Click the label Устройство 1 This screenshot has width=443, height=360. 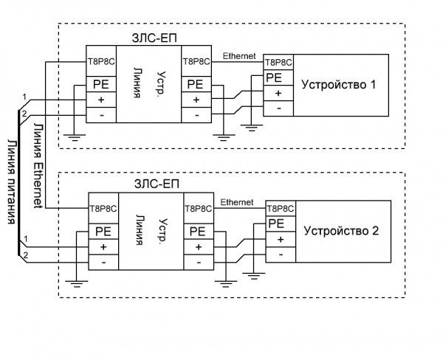click(339, 85)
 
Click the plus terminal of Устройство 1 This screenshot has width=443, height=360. click(278, 93)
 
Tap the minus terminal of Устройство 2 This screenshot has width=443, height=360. click(280, 255)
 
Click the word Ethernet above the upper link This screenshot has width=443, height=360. click(239, 55)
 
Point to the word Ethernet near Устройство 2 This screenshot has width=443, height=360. click(237, 201)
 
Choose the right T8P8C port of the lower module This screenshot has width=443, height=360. click(197, 208)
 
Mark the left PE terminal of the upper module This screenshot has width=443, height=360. click(100, 84)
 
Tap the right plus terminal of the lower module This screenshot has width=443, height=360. click(198, 246)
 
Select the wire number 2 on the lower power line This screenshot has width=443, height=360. click(25, 255)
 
